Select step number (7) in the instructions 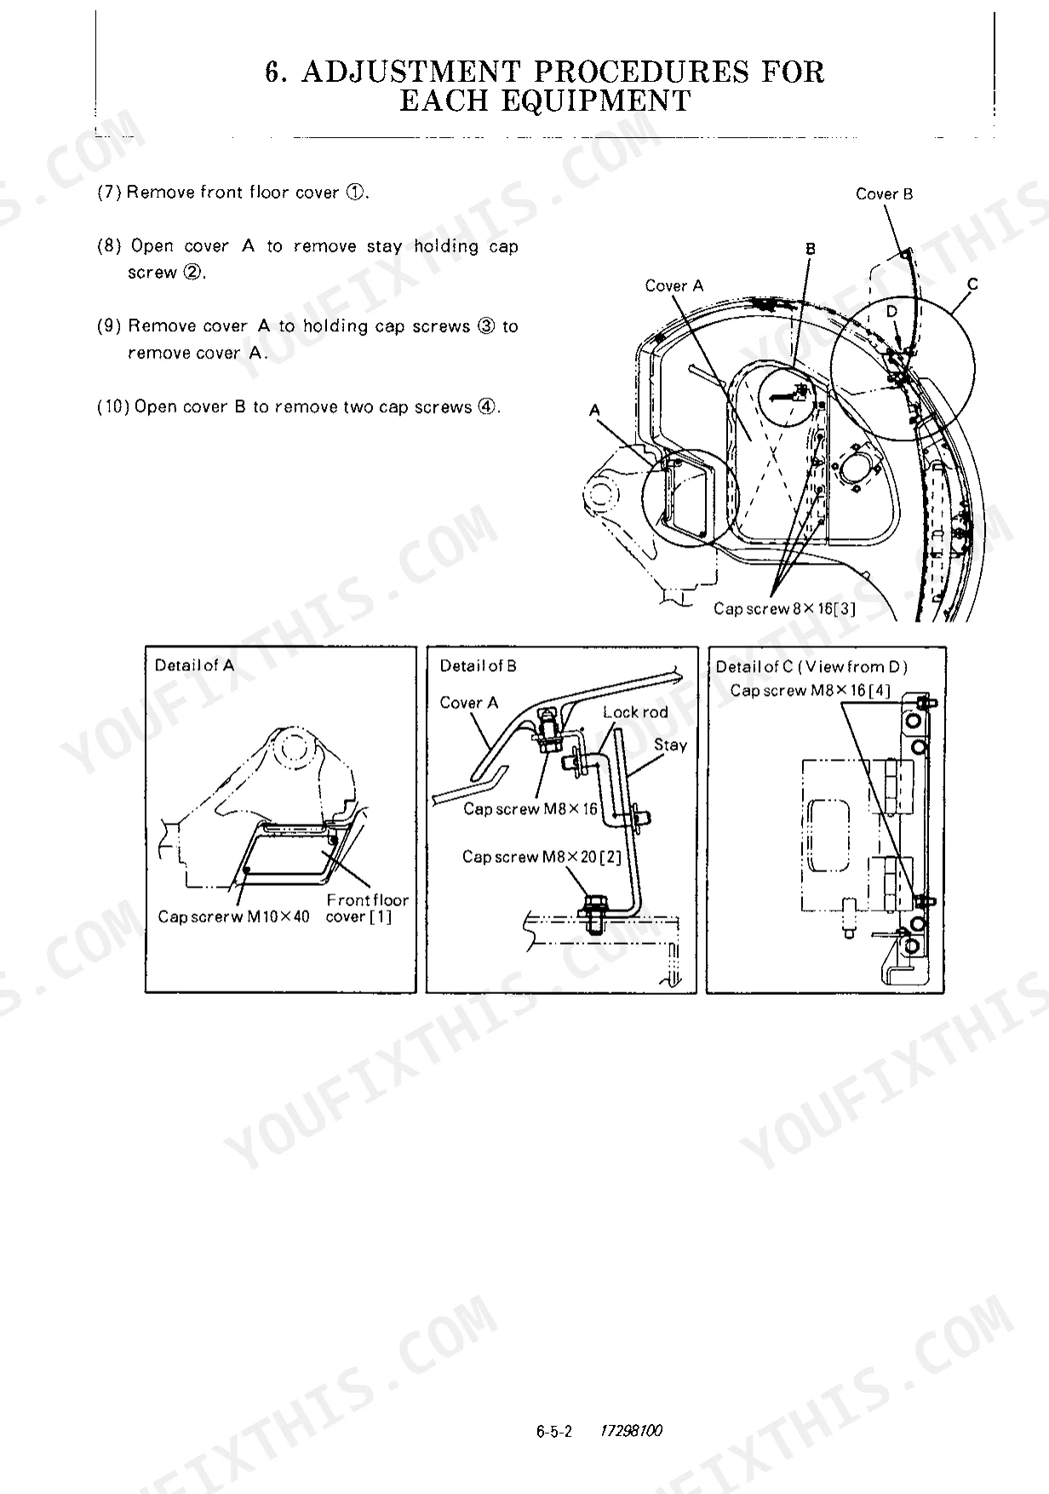click(110, 192)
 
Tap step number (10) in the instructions click(113, 407)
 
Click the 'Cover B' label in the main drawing click(884, 194)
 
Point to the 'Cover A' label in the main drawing click(674, 286)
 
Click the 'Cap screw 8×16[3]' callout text click(784, 608)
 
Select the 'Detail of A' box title click(194, 665)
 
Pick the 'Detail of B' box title click(478, 666)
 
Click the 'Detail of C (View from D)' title click(811, 667)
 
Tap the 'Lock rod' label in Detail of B click(635, 712)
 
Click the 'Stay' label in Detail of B click(670, 745)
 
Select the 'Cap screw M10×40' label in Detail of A click(234, 917)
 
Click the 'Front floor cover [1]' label click(367, 908)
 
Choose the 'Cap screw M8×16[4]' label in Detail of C click(810, 691)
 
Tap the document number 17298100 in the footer click(631, 1431)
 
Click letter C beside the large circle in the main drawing click(972, 284)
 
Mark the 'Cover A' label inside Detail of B click(469, 703)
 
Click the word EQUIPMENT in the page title click(545, 101)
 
